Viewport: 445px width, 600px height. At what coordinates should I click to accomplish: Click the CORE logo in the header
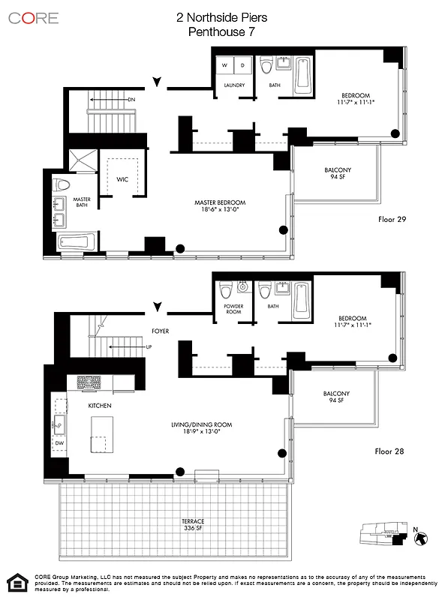tap(34, 18)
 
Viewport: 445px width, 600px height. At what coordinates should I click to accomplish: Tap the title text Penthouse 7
tap(222, 32)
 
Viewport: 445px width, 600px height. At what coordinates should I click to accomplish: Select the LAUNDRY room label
tap(234, 85)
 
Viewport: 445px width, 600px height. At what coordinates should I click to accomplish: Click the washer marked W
tap(225, 66)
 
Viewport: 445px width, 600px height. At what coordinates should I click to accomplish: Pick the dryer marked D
tap(243, 66)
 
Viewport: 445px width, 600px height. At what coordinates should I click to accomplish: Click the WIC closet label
tap(122, 179)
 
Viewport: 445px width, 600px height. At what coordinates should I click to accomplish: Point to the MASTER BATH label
tap(81, 202)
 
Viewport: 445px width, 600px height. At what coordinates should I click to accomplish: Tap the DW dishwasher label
tap(59, 443)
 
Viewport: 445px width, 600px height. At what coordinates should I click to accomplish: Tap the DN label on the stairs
tap(131, 99)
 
